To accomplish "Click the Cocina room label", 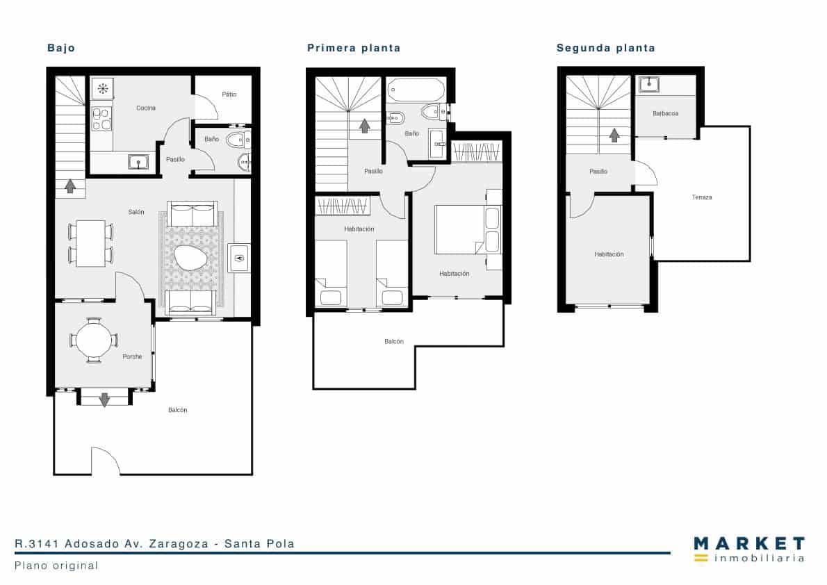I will point(146,108).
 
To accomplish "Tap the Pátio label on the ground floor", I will point(229,94).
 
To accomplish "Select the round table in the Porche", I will point(93,340).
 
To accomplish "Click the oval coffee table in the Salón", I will point(190,260).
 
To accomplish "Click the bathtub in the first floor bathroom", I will point(416,90).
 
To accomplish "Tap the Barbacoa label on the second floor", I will point(665,113).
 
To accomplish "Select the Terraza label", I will point(701,197).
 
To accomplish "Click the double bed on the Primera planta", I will point(460,230).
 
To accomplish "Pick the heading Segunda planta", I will point(605,48).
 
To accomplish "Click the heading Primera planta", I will point(354,48).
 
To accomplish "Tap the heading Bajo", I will point(61,48).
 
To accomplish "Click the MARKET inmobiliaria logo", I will point(748,549).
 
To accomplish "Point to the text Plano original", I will point(56,566).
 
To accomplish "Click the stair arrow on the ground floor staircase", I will point(69,186).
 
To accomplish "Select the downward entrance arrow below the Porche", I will point(104,399).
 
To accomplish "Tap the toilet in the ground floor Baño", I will point(236,140).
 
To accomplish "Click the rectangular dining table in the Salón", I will point(90,243).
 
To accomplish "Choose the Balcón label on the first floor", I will point(394,341).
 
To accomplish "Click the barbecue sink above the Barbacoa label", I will point(649,85).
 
